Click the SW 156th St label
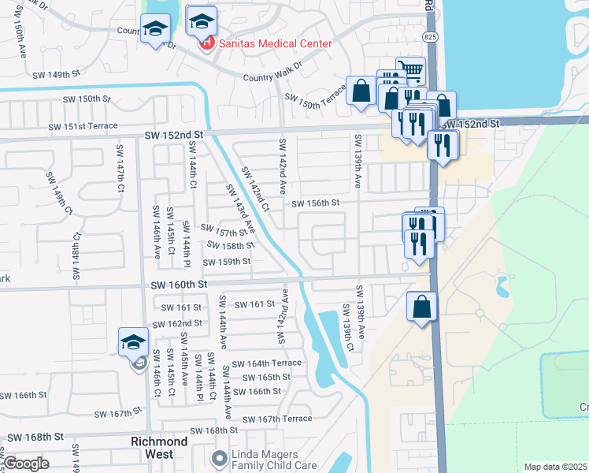(315, 203)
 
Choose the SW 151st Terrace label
(83, 126)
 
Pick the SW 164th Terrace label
(267, 363)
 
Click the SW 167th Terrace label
(278, 419)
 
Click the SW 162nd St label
(177, 323)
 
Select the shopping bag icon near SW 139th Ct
(422, 307)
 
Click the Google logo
(27, 464)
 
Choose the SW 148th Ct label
(76, 257)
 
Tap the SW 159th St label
(227, 262)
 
